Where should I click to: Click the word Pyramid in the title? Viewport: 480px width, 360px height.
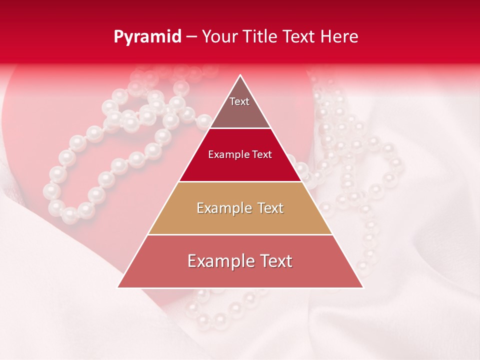click(x=147, y=37)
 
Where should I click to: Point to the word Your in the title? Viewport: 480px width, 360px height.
click(x=218, y=37)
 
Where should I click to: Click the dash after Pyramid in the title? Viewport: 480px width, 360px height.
click(x=191, y=37)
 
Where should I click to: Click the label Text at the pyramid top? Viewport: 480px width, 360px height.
click(x=239, y=101)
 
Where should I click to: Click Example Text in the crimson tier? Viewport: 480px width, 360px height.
click(x=240, y=154)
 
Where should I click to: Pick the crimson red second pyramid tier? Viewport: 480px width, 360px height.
click(x=240, y=167)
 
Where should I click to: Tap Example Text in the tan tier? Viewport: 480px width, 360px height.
click(x=240, y=208)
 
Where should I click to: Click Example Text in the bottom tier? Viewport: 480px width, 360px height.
click(x=240, y=261)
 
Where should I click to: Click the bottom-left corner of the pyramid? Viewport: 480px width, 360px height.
click(x=118, y=287)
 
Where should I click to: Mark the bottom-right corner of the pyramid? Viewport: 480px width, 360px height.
click(x=362, y=287)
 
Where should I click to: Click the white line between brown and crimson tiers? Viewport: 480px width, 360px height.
click(x=240, y=128)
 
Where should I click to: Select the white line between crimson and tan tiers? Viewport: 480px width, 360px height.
click(x=240, y=181)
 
